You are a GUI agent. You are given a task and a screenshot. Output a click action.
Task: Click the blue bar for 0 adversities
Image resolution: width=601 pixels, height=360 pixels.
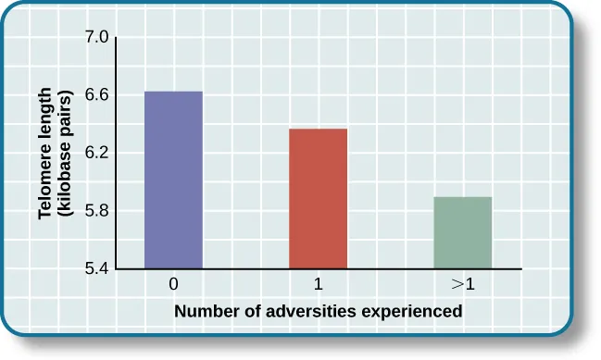coord(173,180)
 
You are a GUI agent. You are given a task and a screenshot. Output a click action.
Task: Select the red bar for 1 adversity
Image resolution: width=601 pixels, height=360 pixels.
coord(318,198)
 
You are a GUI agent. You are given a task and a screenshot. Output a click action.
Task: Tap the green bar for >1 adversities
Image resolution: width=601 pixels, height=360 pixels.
coord(463,232)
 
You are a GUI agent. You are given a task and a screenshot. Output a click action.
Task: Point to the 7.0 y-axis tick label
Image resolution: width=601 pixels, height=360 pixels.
coord(97,38)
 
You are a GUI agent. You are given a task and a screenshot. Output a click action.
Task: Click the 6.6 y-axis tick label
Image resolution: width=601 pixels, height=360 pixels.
coord(97,95)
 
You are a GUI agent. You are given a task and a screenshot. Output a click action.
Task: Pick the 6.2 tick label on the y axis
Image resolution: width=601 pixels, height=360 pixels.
coord(97,153)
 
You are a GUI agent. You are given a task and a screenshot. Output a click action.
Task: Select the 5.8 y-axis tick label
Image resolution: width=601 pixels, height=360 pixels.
coord(97,211)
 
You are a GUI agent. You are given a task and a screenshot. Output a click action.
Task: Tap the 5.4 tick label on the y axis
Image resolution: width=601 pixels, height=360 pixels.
coord(97,268)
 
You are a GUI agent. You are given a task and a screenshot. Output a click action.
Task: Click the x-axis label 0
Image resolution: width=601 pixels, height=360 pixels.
coord(173,284)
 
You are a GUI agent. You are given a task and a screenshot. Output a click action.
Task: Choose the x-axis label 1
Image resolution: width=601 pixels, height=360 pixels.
coord(318,284)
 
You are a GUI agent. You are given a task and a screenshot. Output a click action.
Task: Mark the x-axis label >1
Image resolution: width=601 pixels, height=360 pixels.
coord(463,284)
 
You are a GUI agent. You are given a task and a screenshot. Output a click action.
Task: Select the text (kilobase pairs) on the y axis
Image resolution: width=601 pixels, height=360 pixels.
coord(65,154)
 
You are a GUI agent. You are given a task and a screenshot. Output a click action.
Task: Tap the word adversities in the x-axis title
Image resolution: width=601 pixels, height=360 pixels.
coord(313,311)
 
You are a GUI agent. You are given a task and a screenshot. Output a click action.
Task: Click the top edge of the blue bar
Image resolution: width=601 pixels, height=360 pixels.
coord(173,92)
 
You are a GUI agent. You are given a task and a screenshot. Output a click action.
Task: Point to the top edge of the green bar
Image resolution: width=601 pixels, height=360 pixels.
coord(463,197)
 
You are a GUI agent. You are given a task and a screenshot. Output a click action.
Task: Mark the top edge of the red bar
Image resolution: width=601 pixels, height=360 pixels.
coord(318,129)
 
